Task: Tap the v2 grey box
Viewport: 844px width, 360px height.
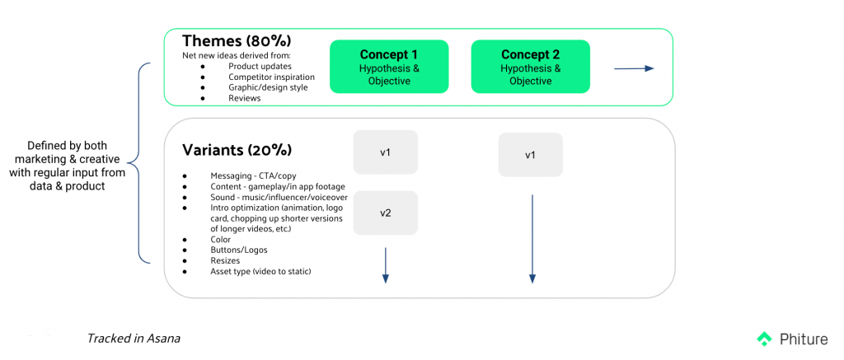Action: coord(385,213)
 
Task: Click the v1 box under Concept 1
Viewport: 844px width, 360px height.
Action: coord(385,152)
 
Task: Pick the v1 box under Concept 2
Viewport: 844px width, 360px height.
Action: coord(530,155)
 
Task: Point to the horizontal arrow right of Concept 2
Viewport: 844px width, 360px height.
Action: coord(633,68)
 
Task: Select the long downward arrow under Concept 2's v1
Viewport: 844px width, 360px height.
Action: coord(532,239)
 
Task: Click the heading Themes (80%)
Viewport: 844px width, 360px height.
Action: coord(237,41)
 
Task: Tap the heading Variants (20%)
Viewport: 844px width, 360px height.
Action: coord(237,150)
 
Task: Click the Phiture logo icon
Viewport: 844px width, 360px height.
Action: coord(764,338)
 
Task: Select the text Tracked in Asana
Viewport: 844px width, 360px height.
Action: coord(134,338)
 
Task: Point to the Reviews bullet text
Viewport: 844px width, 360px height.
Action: coord(245,98)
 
